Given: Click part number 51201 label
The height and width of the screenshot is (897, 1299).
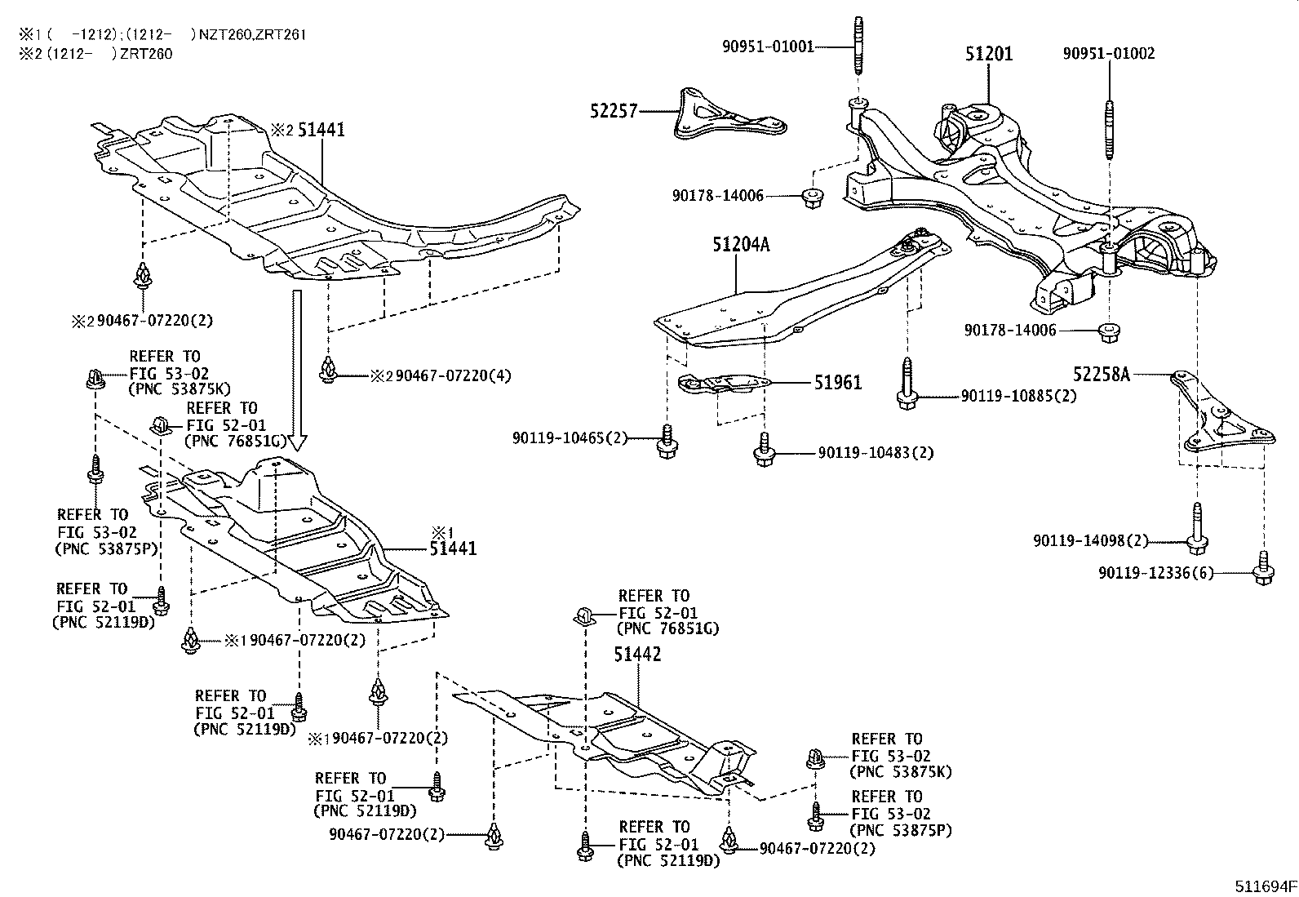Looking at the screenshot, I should (988, 54).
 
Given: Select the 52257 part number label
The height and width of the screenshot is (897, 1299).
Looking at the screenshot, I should (614, 110).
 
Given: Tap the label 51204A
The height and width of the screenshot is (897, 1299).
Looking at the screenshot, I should (741, 243).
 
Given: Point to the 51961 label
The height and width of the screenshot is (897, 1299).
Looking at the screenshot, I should (837, 382).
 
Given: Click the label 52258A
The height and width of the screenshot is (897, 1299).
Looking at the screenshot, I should (1102, 374).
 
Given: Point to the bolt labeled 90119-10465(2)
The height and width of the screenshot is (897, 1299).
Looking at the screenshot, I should (667, 440).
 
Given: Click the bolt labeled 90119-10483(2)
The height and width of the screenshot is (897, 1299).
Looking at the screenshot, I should (765, 451).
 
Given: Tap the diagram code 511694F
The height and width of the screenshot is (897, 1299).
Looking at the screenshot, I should (1264, 886).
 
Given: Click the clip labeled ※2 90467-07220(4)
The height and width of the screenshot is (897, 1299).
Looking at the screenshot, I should (328, 370).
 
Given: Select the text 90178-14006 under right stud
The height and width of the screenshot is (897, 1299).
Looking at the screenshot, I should (1009, 331).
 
